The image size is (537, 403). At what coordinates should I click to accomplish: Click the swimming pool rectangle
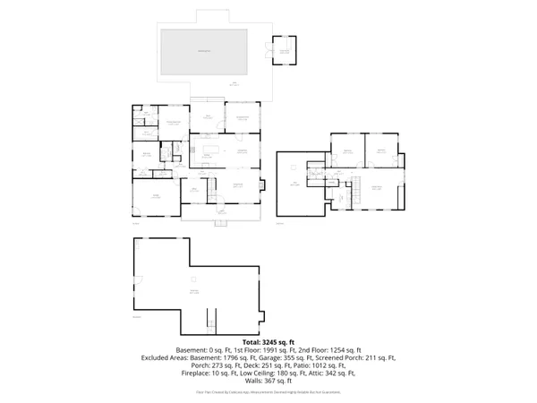tap(204, 51)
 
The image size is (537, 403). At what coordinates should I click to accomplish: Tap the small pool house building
tap(285, 51)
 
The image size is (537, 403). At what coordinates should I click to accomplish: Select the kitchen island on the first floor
tap(213, 150)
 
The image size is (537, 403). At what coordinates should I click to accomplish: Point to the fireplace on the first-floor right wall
tap(261, 187)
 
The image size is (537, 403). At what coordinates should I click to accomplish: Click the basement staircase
tap(210, 318)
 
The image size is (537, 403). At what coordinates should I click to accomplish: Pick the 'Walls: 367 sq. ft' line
tap(268, 382)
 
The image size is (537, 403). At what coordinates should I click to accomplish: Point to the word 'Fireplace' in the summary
tap(200, 373)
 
